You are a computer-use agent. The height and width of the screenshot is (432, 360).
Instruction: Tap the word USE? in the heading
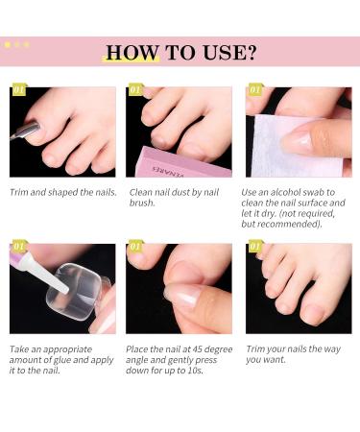coord(228,52)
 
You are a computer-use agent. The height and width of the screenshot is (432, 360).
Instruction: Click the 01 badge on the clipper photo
coord(19,91)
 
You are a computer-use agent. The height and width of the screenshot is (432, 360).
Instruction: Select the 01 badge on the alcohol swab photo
coord(255,91)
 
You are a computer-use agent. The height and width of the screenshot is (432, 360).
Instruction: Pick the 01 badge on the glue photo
coord(19,247)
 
